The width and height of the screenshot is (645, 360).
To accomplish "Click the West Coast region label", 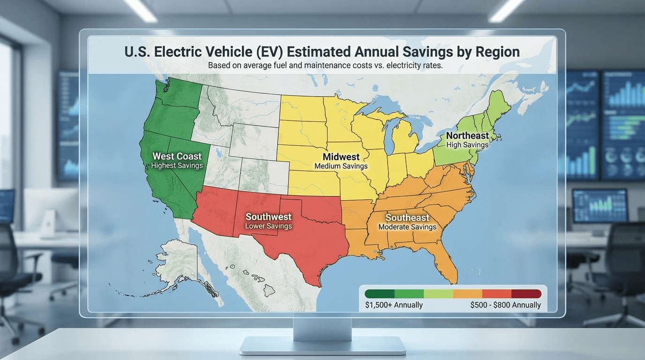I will [x=177, y=157].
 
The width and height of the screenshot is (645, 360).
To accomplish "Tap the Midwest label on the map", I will [x=341, y=157].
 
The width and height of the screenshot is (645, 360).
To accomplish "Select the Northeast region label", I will [x=467, y=136].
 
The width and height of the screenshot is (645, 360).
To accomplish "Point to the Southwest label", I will [x=269, y=217].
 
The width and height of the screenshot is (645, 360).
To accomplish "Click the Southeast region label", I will [x=407, y=218].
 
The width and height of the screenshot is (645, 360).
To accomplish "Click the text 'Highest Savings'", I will [x=177, y=165].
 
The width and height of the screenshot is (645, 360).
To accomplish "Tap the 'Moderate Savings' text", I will [x=407, y=227].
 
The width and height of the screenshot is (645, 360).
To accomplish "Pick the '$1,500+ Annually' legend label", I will [x=394, y=305].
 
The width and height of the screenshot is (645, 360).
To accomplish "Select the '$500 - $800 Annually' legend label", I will [x=505, y=305].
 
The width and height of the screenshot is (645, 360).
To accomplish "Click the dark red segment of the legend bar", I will [x=526, y=294].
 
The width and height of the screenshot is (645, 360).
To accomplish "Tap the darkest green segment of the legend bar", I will [x=380, y=294].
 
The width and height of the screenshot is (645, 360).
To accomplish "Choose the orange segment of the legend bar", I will [x=467, y=294].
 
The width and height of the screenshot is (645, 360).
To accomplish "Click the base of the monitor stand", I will [x=322, y=346].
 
